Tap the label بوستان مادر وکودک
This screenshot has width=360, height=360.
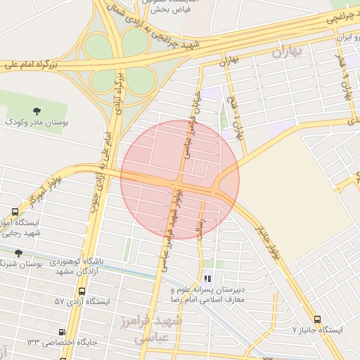click(37, 122)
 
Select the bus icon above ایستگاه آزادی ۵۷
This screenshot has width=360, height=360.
click(82, 291)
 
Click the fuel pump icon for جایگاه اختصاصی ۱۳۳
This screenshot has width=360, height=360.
click(63, 332)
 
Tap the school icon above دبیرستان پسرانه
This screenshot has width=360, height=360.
click(207, 278)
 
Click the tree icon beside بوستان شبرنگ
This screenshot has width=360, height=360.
click(19, 253)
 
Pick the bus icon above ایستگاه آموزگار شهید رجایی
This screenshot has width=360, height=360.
click(15, 212)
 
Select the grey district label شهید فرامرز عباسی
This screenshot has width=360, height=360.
click(157, 329)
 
